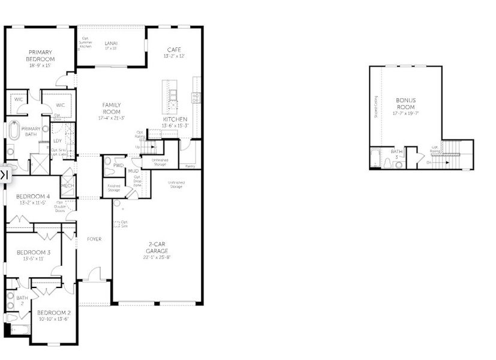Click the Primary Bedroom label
point(40,56)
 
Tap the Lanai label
point(110,43)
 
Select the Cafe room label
point(174,50)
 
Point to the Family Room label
point(111,108)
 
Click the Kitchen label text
point(175,119)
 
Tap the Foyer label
point(94,239)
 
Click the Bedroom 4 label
point(33,197)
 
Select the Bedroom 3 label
point(33,253)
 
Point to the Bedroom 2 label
point(54,313)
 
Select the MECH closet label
point(67,186)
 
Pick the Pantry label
point(190,166)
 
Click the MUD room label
point(133,171)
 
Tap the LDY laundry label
point(57,140)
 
